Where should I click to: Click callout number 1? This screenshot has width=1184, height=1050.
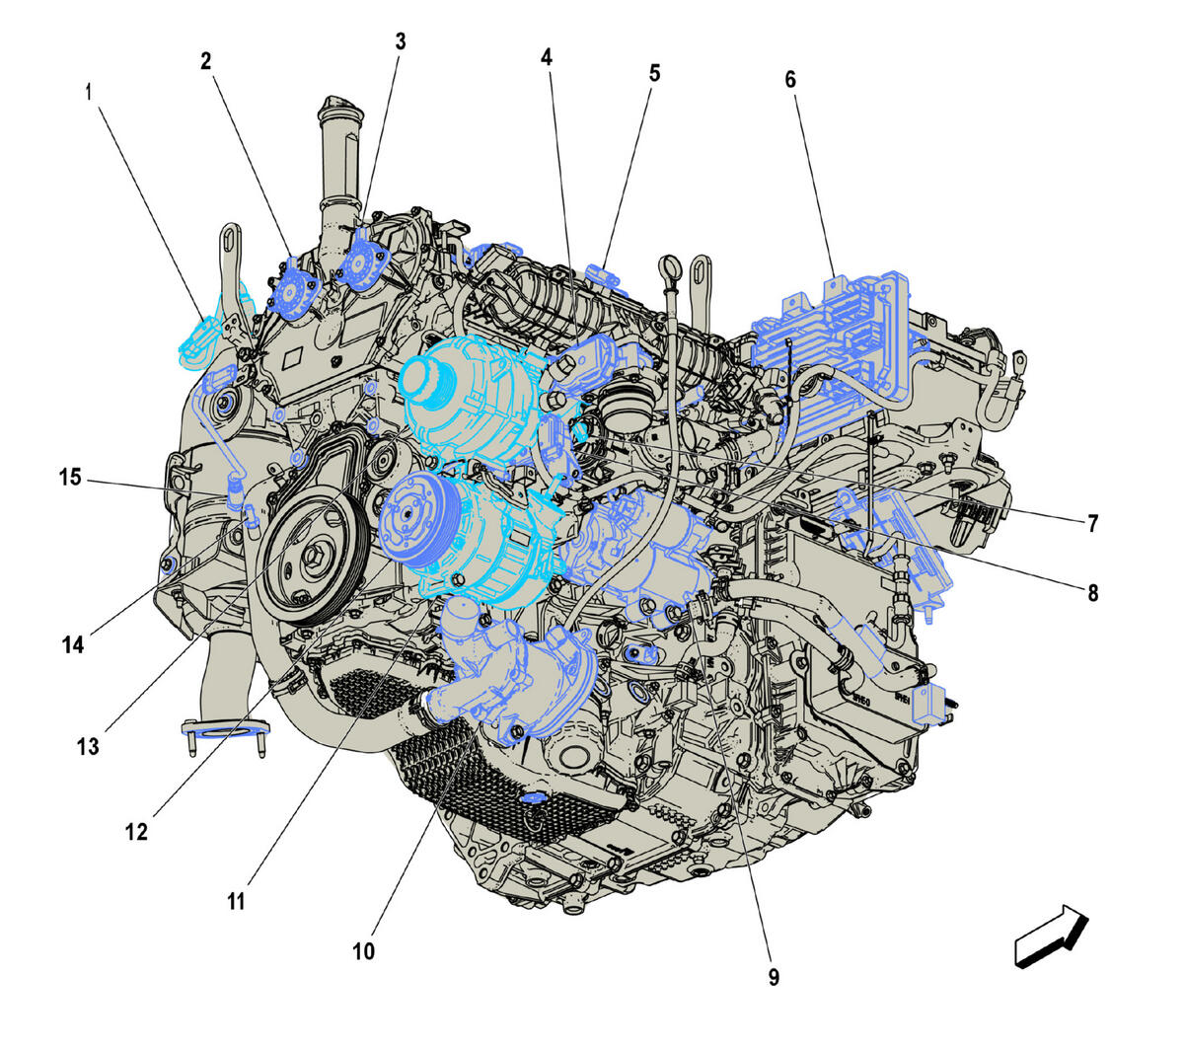click(89, 93)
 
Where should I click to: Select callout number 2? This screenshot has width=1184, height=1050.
click(205, 61)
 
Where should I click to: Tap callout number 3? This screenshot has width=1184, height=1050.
click(401, 41)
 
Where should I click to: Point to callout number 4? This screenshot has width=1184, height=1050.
click(547, 57)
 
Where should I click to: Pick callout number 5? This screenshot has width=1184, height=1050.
click(654, 74)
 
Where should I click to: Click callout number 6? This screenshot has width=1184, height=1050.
click(790, 80)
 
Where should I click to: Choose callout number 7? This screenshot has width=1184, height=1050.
click(1093, 523)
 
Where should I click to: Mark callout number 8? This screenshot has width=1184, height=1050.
click(1093, 593)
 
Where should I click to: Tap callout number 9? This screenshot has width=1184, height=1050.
click(774, 977)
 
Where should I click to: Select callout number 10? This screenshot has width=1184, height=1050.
click(363, 951)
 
